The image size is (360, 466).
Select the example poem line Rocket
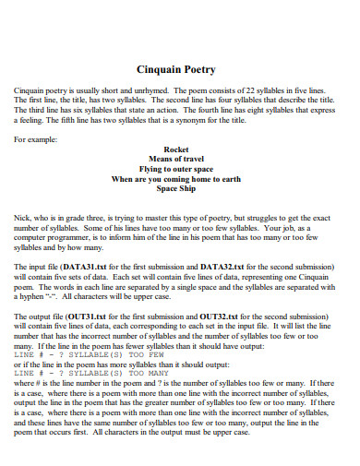click(175, 148)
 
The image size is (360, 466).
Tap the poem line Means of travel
click(175, 158)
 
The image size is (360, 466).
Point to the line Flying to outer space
click(175, 168)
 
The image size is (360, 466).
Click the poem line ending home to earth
click(175, 178)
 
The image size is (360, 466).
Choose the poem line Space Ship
click(175, 188)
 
